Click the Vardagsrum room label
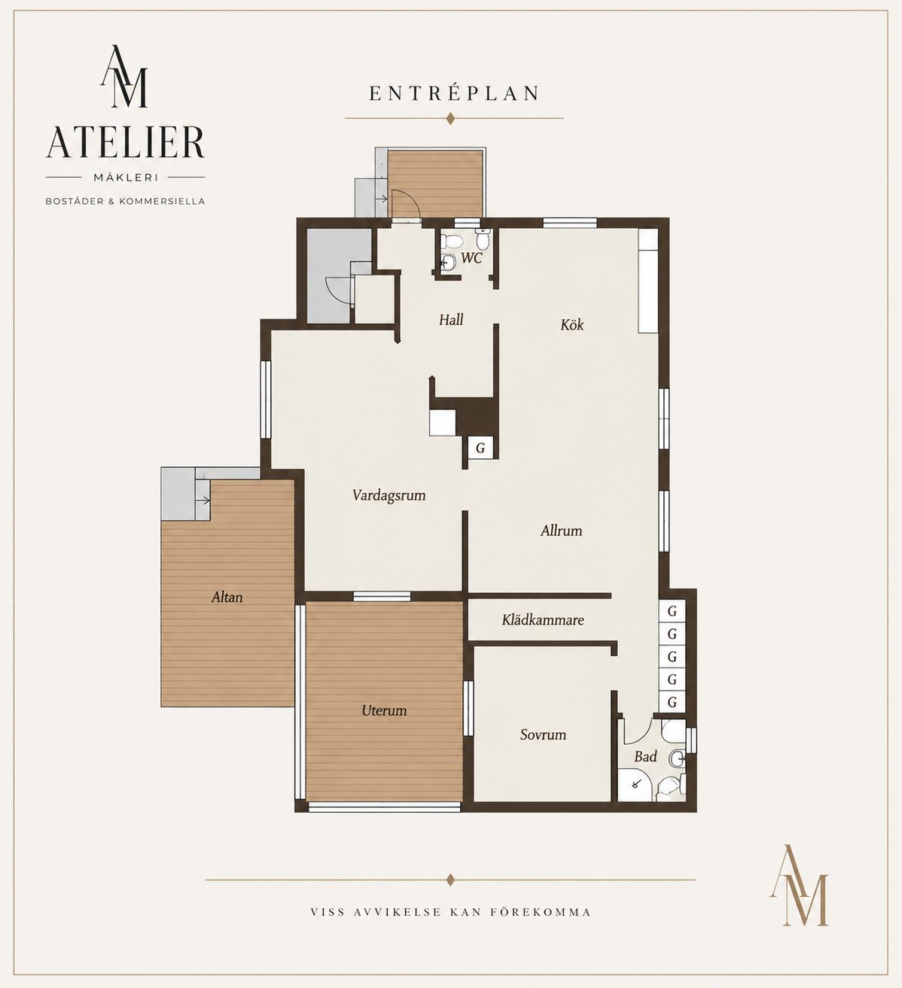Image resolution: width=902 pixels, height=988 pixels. point(389,495)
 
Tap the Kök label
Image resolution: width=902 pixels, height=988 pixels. point(571,324)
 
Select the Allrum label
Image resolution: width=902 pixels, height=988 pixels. point(562,530)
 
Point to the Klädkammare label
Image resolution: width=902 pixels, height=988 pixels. point(543,619)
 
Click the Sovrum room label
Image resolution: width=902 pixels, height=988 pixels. point(543,735)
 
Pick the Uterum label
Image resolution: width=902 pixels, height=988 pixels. point(384,710)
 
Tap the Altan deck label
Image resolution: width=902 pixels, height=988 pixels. point(227,597)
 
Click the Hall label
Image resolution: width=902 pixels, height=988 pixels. point(451,320)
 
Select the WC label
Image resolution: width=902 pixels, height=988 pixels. point(471,257)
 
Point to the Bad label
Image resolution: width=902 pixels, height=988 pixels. point(645,756)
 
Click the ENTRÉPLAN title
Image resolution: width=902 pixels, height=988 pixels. point(454,93)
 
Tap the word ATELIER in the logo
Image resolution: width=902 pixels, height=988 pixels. point(125,142)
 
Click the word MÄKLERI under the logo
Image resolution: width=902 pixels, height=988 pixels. point(126,178)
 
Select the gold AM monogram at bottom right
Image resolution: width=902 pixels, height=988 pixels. point(799,892)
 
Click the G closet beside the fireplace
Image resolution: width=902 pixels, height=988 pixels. point(480,448)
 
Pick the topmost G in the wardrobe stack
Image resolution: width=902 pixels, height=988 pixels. point(672,611)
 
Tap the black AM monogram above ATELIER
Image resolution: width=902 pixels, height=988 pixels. point(123,76)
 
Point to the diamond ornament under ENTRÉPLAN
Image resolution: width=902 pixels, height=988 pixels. point(449,118)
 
